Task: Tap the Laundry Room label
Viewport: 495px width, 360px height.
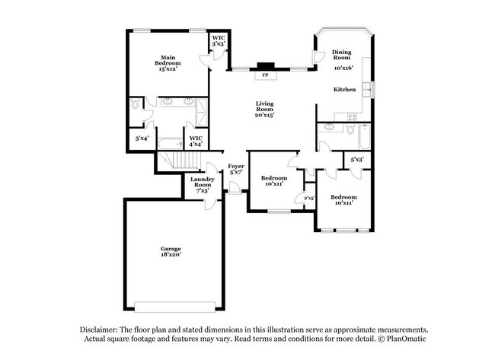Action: pyautogui.click(x=202, y=183)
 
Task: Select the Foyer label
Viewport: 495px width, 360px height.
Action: pyautogui.click(x=236, y=166)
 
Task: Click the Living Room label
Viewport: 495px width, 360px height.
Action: pyautogui.click(x=264, y=107)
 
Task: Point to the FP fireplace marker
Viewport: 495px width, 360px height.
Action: pyautogui.click(x=265, y=76)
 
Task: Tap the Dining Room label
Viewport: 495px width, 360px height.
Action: pyautogui.click(x=341, y=56)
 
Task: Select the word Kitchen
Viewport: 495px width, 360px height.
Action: pyautogui.click(x=345, y=90)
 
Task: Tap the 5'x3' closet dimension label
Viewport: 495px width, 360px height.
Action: pyautogui.click(x=356, y=160)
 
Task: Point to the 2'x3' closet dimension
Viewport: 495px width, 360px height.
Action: pyautogui.click(x=310, y=199)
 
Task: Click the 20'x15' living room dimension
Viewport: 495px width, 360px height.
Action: pyautogui.click(x=264, y=116)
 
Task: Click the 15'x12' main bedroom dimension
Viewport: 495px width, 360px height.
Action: pyautogui.click(x=167, y=68)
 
